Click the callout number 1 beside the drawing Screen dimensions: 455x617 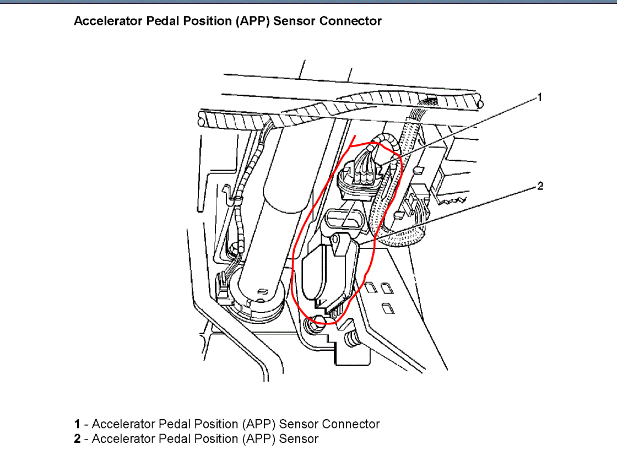click(x=540, y=97)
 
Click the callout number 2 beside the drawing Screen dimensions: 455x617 click(x=540, y=186)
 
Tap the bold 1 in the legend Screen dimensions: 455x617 click(x=77, y=424)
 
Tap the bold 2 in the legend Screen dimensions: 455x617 click(x=77, y=439)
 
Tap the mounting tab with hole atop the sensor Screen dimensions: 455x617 click(x=340, y=242)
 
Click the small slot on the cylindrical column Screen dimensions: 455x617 click(x=263, y=290)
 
